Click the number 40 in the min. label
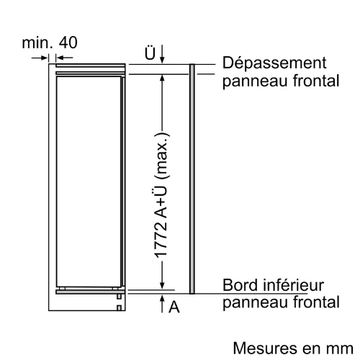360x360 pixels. point(68,42)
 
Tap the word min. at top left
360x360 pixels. point(37,42)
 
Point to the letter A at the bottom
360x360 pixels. point(174,307)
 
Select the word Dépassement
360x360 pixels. point(274,63)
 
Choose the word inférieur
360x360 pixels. point(293,285)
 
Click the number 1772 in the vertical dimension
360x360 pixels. point(161,240)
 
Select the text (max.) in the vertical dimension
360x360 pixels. point(163,156)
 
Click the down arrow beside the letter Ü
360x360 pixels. point(162,54)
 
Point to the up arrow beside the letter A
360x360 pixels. point(162,304)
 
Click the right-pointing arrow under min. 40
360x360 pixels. point(40,58)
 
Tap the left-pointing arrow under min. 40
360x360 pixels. point(64,58)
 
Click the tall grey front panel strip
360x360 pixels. point(192,179)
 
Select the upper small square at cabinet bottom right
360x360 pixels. point(119,297)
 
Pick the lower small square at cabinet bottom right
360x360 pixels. point(119,308)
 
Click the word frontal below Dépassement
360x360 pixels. point(316,81)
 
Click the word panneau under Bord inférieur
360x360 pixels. point(255,303)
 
